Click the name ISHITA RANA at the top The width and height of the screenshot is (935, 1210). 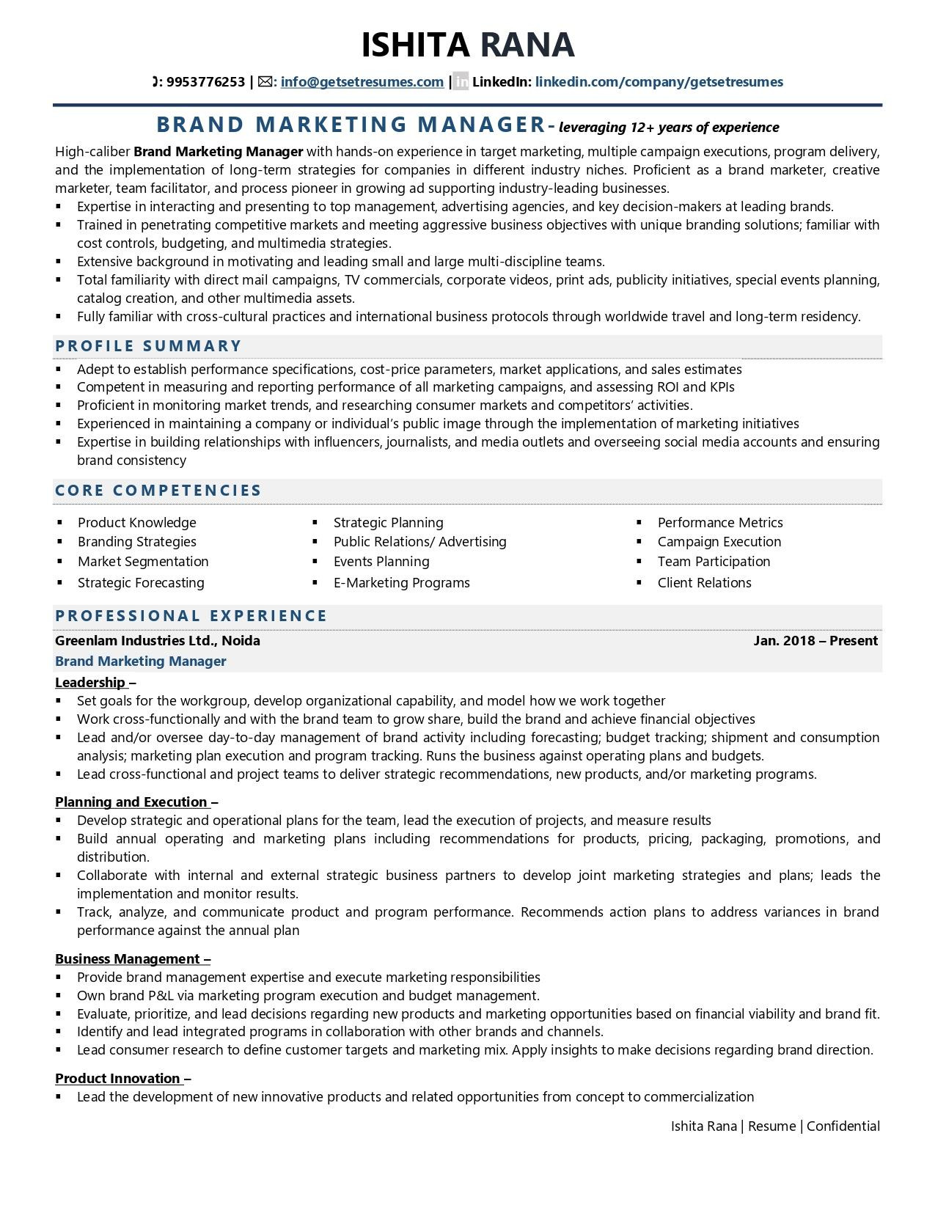467,45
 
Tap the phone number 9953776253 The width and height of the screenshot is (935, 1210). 205,82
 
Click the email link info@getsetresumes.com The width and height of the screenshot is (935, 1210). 362,82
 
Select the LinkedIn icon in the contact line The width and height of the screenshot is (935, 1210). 461,82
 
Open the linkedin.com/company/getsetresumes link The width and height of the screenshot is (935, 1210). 659,82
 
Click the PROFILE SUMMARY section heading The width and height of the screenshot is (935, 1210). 148,346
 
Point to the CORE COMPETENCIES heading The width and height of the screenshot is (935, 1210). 158,491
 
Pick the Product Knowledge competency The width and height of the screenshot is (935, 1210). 137,523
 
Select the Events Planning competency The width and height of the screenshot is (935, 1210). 381,562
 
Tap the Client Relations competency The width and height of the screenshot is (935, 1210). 704,583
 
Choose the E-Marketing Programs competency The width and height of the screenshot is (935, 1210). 401,583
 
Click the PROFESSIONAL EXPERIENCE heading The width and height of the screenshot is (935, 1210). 191,616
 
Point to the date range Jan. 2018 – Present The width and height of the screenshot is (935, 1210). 815,641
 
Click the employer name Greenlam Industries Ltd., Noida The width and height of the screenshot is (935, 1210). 158,641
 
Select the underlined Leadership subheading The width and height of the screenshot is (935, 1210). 90,683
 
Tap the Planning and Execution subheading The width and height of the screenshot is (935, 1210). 131,802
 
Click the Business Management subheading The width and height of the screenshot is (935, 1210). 128,959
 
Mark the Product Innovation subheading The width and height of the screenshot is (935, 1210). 117,1079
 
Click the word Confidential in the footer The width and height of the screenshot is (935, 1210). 843,1126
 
